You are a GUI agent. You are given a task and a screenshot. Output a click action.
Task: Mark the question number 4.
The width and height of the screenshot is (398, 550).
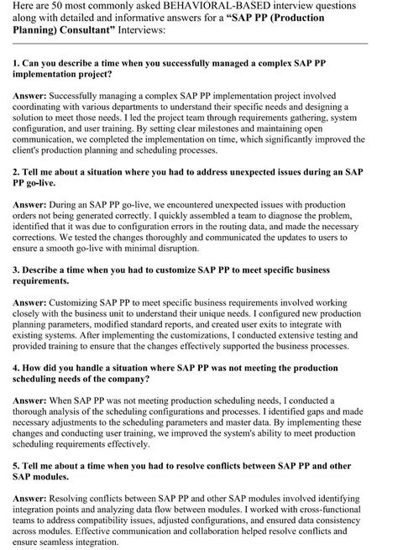[16, 367]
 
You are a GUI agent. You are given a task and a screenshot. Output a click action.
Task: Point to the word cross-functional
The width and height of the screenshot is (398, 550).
[335, 509]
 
